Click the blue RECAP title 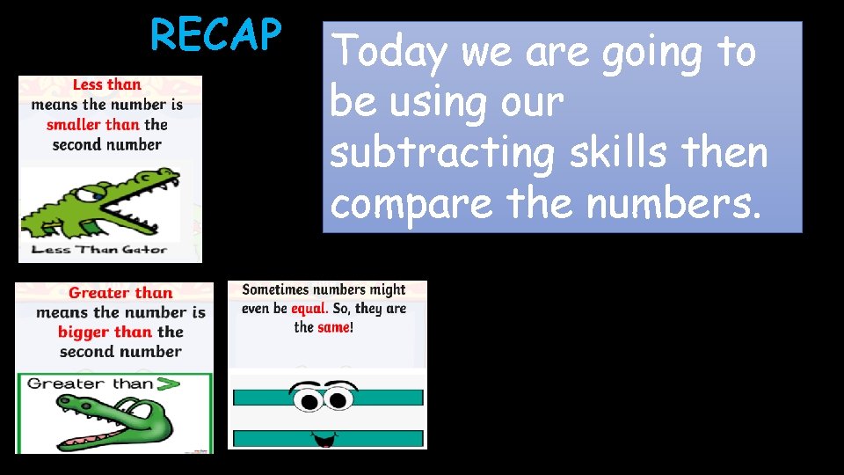point(215,35)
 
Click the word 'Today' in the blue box point(391,53)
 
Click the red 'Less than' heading point(106,85)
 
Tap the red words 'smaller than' point(93,125)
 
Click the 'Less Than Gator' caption point(98,250)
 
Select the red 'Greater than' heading point(120,293)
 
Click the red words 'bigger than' point(105,332)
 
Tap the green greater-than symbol point(167,384)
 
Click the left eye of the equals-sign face point(310,400)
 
